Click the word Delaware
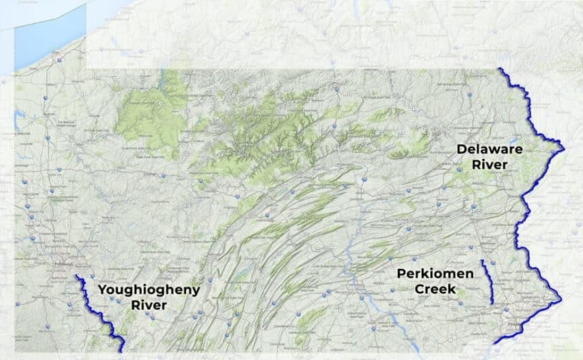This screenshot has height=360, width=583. point(489,149)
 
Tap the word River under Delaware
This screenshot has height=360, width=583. point(490,164)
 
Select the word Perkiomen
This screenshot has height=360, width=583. point(435,274)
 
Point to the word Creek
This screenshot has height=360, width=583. point(435,289)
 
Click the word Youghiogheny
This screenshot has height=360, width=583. point(148,290)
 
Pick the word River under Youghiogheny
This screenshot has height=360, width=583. point(148,305)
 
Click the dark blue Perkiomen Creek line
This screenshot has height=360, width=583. point(488,282)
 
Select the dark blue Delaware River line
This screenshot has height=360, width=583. point(527,199)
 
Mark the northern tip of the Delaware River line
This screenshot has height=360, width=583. point(499,69)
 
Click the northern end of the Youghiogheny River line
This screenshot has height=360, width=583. point(77,276)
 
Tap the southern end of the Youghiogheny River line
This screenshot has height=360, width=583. point(123,351)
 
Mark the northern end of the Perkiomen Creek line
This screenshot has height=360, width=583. point(482,261)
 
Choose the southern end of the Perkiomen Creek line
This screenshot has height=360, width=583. point(492,304)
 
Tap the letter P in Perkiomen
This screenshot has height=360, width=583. point(401,274)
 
